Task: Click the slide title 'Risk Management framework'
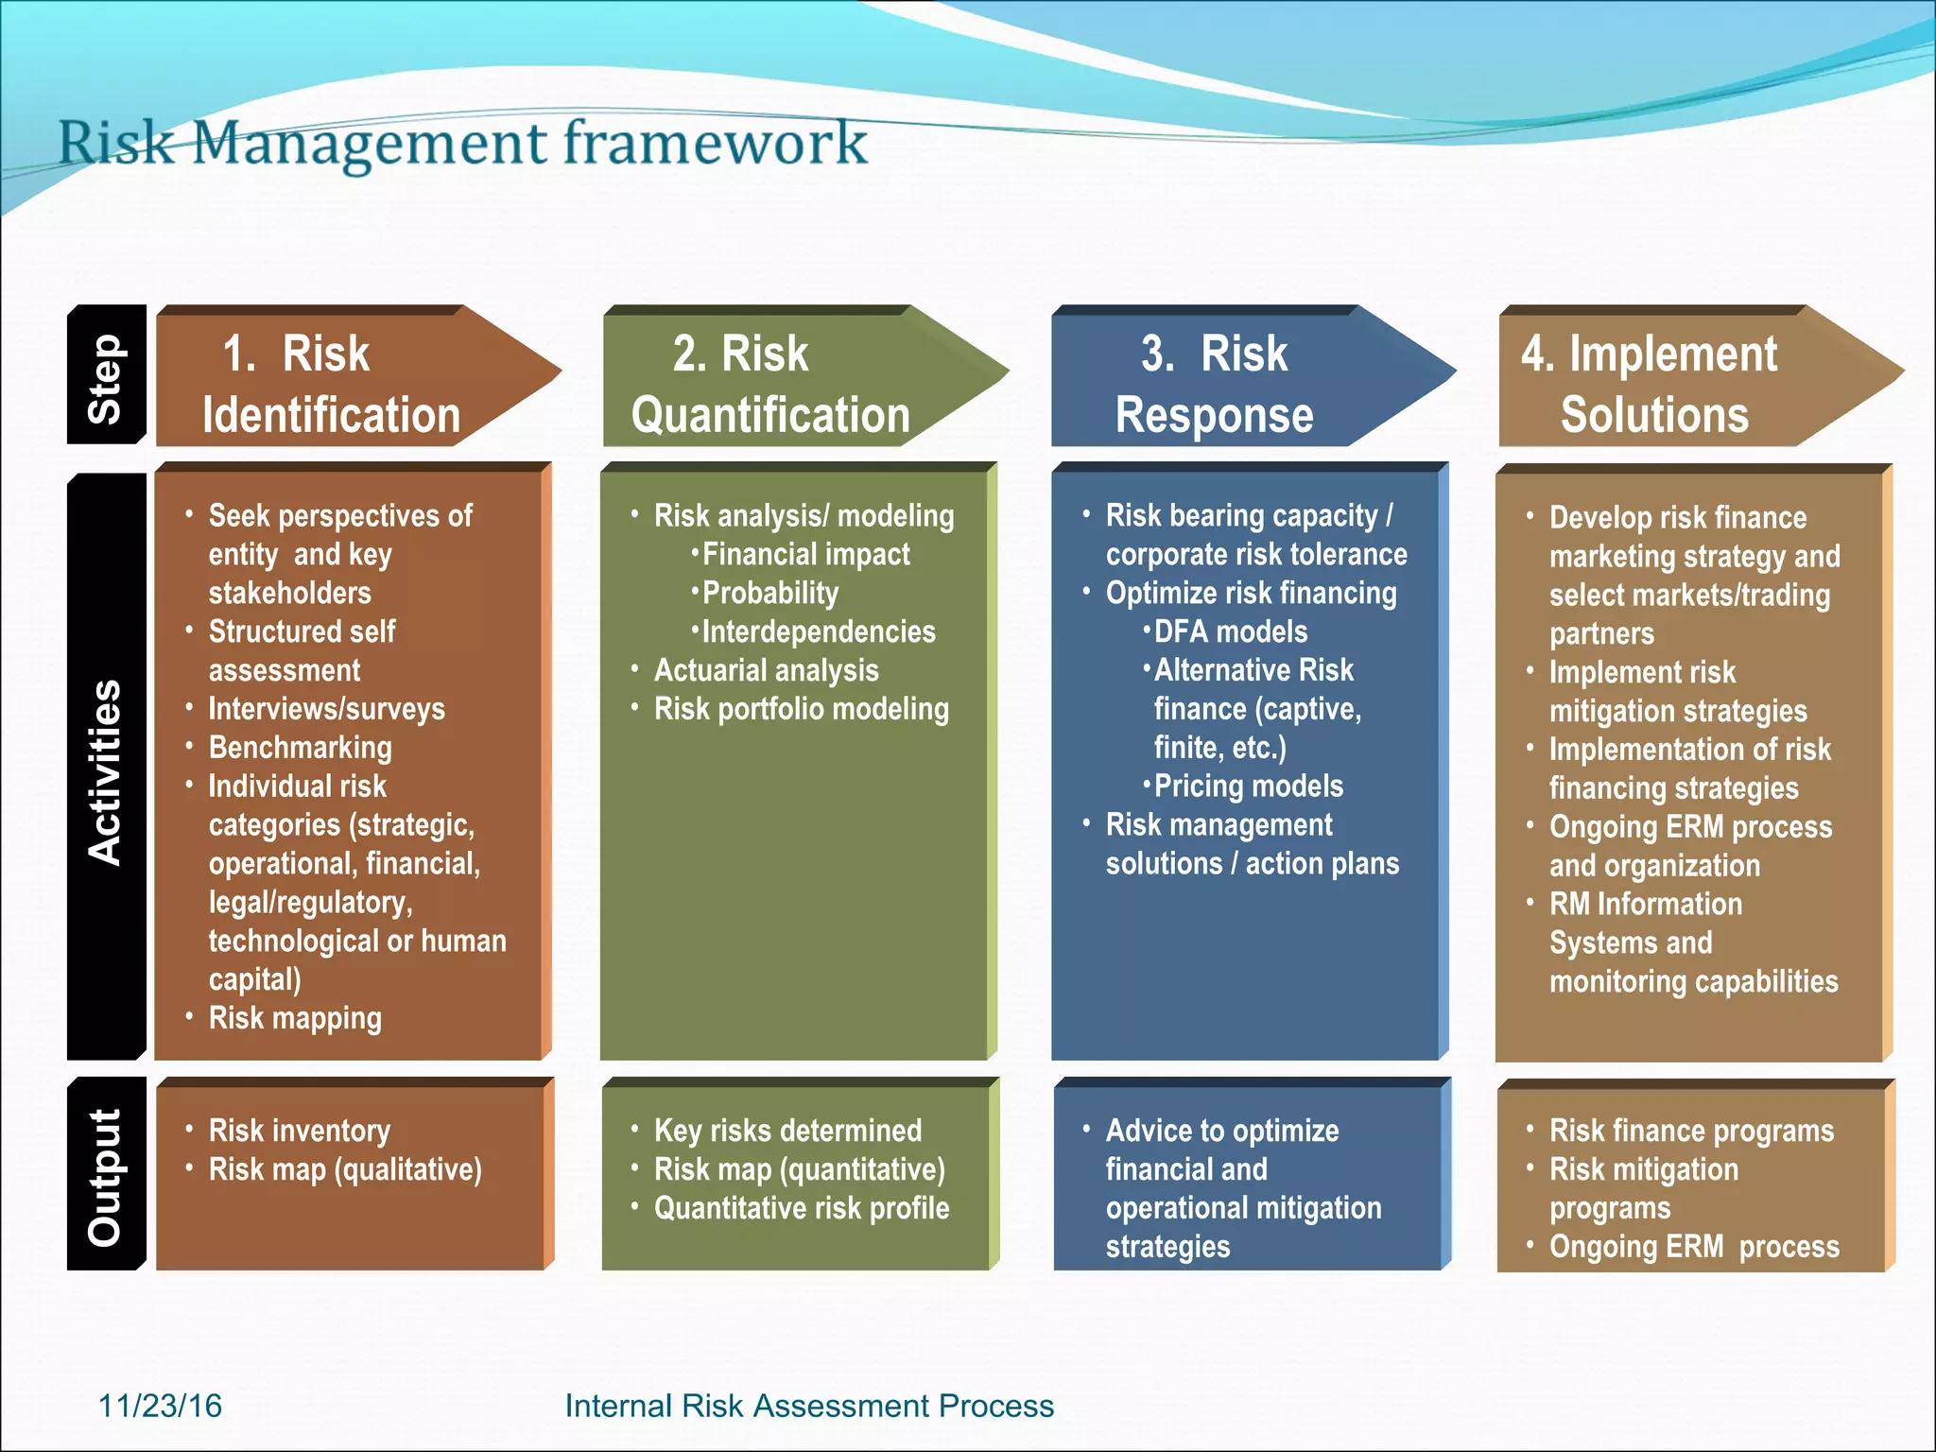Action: click(461, 144)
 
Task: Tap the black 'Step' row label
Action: click(106, 376)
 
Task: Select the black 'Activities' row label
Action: click(106, 770)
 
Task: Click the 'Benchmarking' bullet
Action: click(300, 748)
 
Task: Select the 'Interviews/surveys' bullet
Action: click(326, 709)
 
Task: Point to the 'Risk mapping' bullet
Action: click(295, 1018)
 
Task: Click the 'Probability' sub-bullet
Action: click(769, 593)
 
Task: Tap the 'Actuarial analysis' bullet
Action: click(766, 670)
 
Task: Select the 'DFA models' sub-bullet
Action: click(1230, 631)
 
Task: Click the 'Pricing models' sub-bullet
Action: click(1248, 786)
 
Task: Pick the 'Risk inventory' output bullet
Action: click(299, 1131)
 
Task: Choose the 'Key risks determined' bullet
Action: click(787, 1131)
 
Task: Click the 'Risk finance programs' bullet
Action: click(1691, 1131)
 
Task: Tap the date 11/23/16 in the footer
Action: click(160, 1406)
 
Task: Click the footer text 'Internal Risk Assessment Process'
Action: click(809, 1406)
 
